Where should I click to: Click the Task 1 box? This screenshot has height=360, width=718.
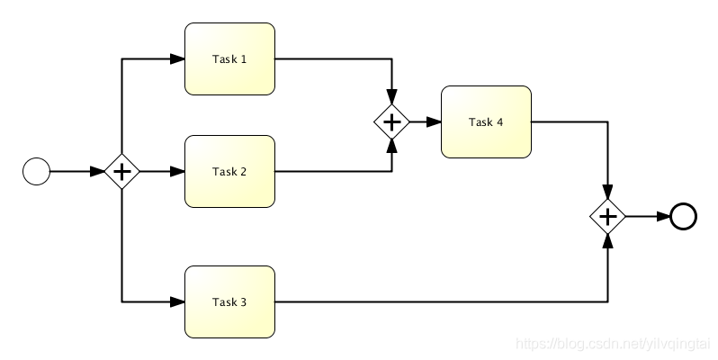tap(229, 59)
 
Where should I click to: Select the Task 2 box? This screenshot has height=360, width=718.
tap(229, 171)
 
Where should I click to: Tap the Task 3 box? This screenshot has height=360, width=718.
tap(229, 301)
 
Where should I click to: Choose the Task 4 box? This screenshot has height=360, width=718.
tap(486, 121)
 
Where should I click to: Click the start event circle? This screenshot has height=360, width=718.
tap(36, 171)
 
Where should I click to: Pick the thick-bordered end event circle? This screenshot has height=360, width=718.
tap(683, 216)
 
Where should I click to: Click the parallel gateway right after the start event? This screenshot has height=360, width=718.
tap(121, 171)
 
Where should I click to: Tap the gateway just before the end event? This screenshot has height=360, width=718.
tap(608, 216)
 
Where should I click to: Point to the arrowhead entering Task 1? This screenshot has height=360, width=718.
tap(177, 59)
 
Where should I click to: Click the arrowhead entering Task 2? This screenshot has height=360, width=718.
tap(177, 171)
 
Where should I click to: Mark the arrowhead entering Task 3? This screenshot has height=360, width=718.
tap(177, 301)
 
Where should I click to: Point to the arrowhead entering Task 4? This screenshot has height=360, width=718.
tap(434, 121)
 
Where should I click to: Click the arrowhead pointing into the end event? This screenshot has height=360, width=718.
tap(663, 216)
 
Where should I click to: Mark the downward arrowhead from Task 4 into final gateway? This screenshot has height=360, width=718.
tap(608, 192)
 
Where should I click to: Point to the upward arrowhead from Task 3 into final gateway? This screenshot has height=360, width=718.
tap(608, 240)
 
